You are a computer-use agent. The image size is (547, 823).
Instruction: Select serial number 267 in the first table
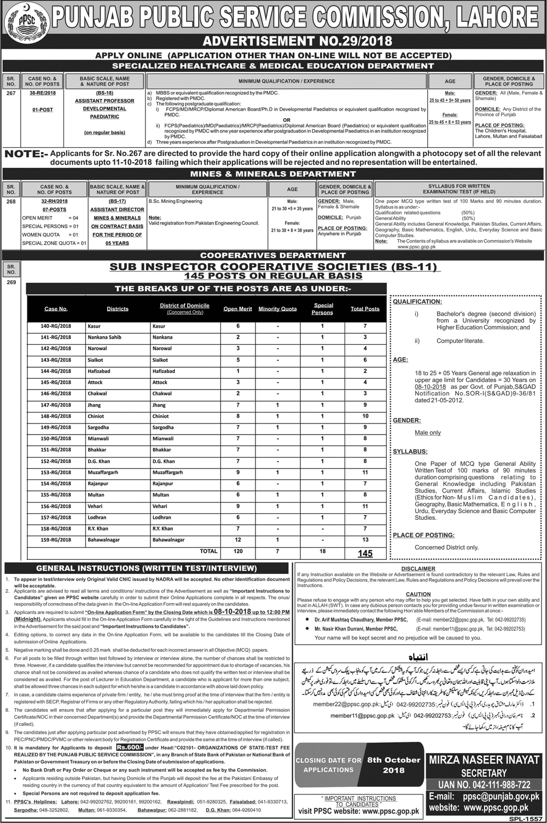(x=10, y=93)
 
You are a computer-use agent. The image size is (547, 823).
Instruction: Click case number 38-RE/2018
(x=43, y=94)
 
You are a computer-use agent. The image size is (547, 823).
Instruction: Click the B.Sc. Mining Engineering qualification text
(x=175, y=201)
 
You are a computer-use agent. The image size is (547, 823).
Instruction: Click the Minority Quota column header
(x=277, y=309)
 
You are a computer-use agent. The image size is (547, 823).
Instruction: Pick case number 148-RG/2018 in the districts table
(x=56, y=416)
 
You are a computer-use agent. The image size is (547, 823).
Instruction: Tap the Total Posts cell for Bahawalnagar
(x=365, y=540)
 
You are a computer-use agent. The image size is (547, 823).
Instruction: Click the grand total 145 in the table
(x=365, y=553)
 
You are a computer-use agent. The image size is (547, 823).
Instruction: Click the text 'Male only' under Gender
(x=428, y=433)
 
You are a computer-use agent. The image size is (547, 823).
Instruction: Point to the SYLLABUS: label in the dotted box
(x=410, y=452)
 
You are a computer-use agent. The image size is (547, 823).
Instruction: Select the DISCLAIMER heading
(x=418, y=569)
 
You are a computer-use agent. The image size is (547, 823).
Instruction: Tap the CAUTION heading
(x=418, y=594)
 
